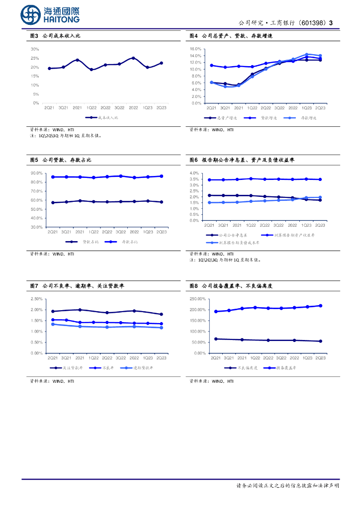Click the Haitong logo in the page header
coord(50,15)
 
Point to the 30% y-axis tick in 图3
coord(35,49)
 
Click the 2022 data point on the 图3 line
coord(133,58)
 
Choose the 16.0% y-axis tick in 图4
coord(195,49)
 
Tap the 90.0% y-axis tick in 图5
coord(37,173)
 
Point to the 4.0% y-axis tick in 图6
coord(194,173)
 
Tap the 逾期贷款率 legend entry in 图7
coord(142,368)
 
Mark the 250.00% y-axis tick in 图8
coord(198,299)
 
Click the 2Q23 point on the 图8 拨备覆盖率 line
coord(320,306)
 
